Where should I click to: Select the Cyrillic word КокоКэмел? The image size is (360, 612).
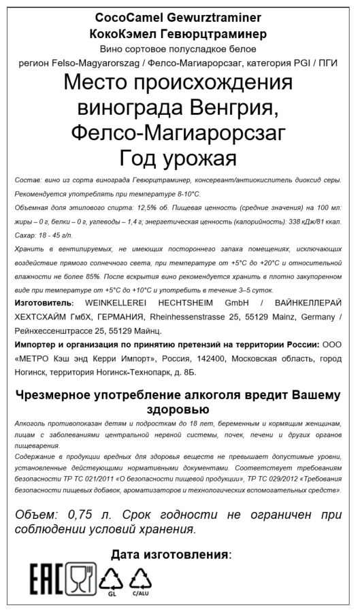(125, 33)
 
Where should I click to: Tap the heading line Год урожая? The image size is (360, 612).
(178, 158)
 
